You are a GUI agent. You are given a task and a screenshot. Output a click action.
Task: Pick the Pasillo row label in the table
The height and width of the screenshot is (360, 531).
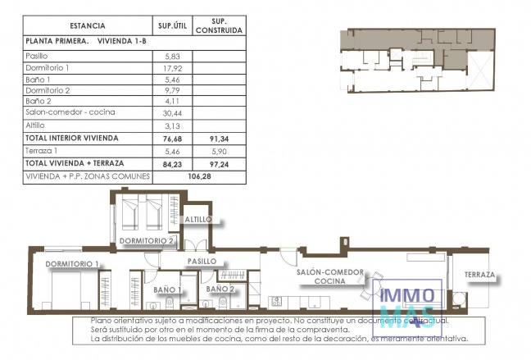click(x=38, y=56)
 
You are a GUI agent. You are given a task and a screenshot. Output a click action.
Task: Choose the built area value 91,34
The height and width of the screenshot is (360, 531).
click(x=220, y=139)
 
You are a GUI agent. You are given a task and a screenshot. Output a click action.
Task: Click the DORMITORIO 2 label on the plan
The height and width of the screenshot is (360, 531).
click(x=147, y=241)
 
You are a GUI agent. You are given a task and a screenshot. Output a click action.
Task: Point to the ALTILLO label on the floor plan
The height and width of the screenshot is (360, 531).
click(x=197, y=220)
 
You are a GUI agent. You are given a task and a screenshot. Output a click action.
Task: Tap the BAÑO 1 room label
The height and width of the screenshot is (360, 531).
click(x=167, y=289)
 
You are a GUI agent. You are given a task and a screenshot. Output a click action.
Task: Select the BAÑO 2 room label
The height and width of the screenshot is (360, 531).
click(x=220, y=289)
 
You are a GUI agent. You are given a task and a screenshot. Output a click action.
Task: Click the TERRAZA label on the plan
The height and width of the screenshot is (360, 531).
click(x=480, y=275)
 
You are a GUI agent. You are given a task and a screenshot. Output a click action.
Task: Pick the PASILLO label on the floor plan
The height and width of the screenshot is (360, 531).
click(x=201, y=262)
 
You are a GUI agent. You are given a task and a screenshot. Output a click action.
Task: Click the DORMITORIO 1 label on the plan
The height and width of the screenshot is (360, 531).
click(x=72, y=264)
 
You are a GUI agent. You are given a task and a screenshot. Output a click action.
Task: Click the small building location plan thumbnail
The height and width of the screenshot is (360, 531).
click(x=416, y=58)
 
